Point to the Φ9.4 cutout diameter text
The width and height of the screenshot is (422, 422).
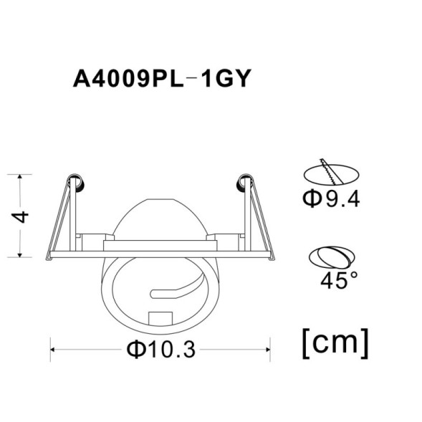click(x=330, y=198)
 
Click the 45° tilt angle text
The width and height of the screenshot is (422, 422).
click(x=338, y=280)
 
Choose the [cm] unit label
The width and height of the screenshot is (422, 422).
click(x=336, y=342)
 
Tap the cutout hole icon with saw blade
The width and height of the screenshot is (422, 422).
click(x=330, y=172)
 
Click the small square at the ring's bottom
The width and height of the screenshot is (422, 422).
click(x=160, y=316)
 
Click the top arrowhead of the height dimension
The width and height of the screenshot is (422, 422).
click(x=21, y=176)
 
